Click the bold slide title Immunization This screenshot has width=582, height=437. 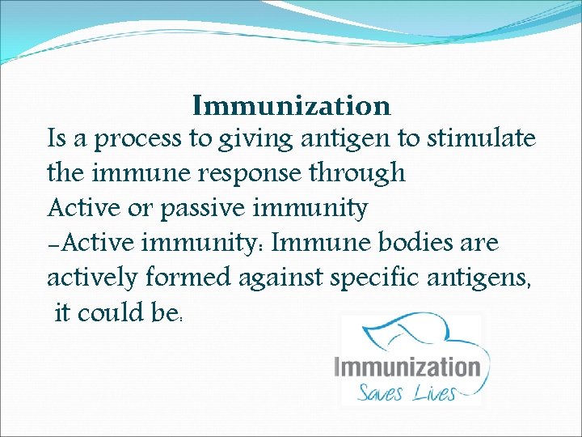click(292, 106)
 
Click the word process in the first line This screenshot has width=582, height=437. click(140, 140)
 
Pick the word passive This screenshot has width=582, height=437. click(204, 209)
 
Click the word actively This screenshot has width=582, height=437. click(93, 278)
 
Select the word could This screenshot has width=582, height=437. click(112, 312)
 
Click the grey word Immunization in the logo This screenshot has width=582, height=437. click(407, 367)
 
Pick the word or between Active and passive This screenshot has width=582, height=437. click(142, 209)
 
